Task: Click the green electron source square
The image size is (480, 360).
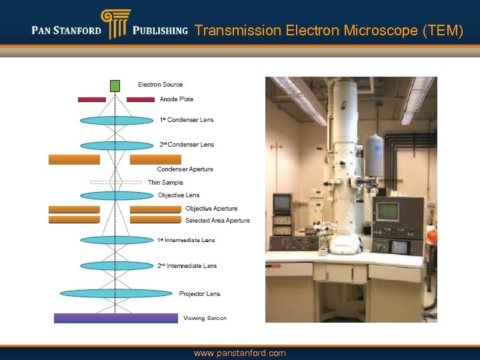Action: [x=115, y=85]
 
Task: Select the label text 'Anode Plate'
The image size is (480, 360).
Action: [x=176, y=99]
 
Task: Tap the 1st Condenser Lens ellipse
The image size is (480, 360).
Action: [x=117, y=121]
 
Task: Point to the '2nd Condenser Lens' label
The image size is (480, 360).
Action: [x=187, y=145]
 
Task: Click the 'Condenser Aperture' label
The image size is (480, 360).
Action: [x=185, y=169]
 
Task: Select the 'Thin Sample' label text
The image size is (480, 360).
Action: [x=165, y=183]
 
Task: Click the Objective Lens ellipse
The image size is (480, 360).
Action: [x=117, y=196]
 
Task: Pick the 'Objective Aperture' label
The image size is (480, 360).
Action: [x=211, y=209]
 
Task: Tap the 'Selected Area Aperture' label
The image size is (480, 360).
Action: [x=217, y=221]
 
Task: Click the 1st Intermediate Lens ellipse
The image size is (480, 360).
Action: [x=117, y=240]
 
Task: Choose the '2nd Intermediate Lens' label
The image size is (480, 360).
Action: [x=187, y=266]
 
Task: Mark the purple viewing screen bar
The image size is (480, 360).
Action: [x=115, y=318]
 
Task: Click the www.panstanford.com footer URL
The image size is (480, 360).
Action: [x=239, y=353]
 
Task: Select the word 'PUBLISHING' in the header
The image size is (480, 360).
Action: [x=160, y=31]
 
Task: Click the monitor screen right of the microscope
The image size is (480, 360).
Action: [x=387, y=211]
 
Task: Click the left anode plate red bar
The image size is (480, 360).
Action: [x=92, y=99]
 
